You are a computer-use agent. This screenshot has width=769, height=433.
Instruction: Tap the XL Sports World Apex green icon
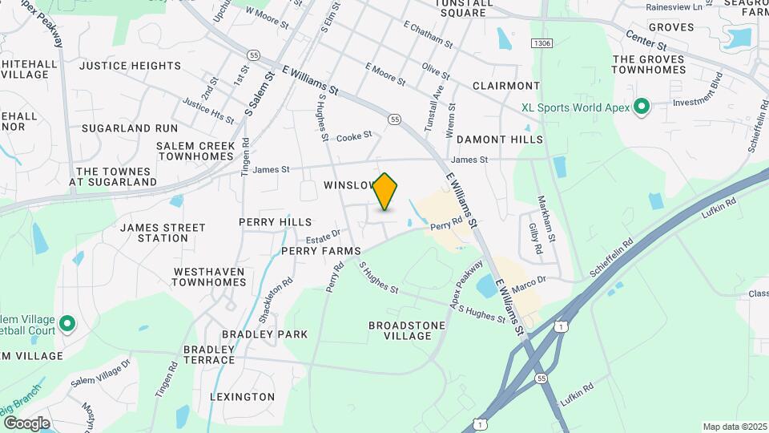coord(641,107)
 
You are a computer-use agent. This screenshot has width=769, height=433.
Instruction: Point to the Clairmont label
coord(505,86)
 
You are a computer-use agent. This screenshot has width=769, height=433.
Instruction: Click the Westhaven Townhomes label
coord(208,277)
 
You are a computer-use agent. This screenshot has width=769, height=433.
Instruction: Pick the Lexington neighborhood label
coord(242,397)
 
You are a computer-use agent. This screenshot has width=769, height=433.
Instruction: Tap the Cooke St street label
coord(355,136)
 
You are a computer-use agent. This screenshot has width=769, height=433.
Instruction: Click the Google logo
coord(26,423)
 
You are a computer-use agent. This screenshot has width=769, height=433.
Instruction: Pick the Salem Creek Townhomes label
coord(195,151)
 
